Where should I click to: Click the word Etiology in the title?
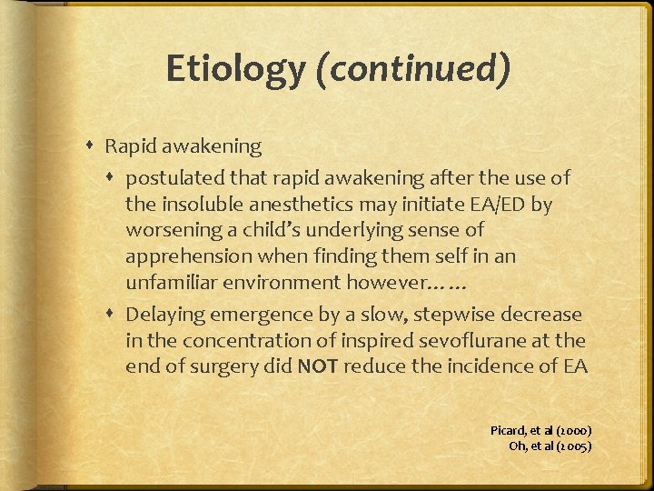click(235, 69)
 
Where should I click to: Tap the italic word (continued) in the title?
click(412, 69)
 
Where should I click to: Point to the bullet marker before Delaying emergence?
click(114, 315)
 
